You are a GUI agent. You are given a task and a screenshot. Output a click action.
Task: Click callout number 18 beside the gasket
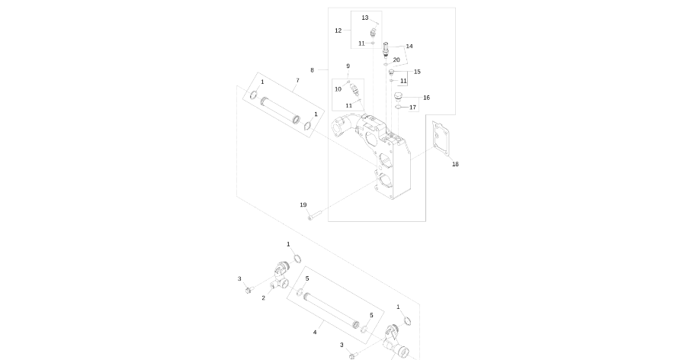[455, 164]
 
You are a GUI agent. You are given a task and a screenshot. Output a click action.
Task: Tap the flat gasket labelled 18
[439, 138]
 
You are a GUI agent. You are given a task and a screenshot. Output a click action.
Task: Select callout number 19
[303, 204]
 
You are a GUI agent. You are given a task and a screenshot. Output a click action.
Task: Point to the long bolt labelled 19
[316, 217]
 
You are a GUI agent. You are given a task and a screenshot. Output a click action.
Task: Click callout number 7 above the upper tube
[297, 80]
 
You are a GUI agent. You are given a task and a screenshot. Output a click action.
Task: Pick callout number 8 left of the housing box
[312, 69]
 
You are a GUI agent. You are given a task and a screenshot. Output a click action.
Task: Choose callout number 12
[338, 31]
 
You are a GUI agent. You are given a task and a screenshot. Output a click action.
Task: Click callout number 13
[365, 17]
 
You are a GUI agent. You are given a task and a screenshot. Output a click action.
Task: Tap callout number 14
[409, 46]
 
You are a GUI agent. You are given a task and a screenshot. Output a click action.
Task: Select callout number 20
[396, 59]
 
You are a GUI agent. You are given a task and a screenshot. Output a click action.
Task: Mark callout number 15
[417, 72]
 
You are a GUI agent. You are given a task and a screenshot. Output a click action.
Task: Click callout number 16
[426, 98]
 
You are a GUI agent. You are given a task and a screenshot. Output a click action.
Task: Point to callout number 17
[413, 108]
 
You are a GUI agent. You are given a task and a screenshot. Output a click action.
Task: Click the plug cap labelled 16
[398, 97]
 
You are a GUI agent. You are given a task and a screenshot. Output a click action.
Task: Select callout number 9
[348, 66]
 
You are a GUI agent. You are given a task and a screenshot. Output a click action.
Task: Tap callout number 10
[338, 89]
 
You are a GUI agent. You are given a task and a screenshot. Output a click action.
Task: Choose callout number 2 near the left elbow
[263, 297]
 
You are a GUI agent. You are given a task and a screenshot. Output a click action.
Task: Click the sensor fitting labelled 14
[387, 50]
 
